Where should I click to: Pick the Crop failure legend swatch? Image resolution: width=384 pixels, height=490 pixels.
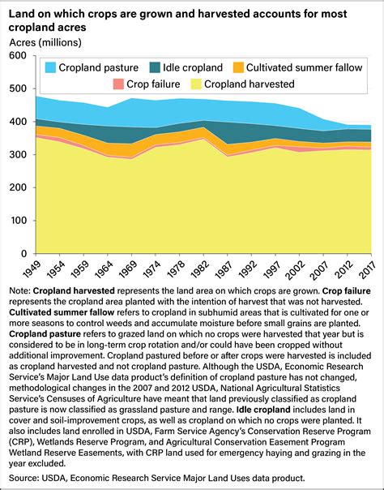click(x=119, y=84)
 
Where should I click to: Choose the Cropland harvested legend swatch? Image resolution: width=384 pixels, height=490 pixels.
click(x=195, y=84)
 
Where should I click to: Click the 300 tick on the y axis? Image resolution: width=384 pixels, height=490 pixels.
click(x=18, y=154)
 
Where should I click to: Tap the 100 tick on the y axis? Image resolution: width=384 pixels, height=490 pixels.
click(x=18, y=220)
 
